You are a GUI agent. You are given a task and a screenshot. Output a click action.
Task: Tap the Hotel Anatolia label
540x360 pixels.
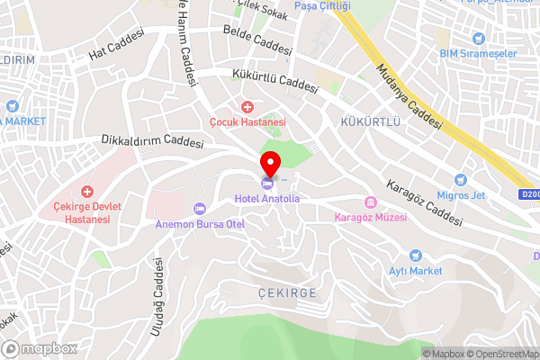[267, 197]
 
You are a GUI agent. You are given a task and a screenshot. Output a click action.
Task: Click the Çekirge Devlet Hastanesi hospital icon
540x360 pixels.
[87, 191]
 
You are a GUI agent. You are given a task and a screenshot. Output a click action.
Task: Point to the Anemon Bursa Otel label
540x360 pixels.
[200, 224]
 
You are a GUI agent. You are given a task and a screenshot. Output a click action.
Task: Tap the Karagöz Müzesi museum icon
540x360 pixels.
[369, 202]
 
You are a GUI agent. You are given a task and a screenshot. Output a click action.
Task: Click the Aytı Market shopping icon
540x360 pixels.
[415, 256]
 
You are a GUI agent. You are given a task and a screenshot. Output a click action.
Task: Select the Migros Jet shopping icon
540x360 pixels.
[461, 181]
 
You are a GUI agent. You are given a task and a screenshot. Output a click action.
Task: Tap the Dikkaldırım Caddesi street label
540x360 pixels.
[153, 141]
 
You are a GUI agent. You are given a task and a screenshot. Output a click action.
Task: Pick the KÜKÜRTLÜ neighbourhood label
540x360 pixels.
[369, 120]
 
